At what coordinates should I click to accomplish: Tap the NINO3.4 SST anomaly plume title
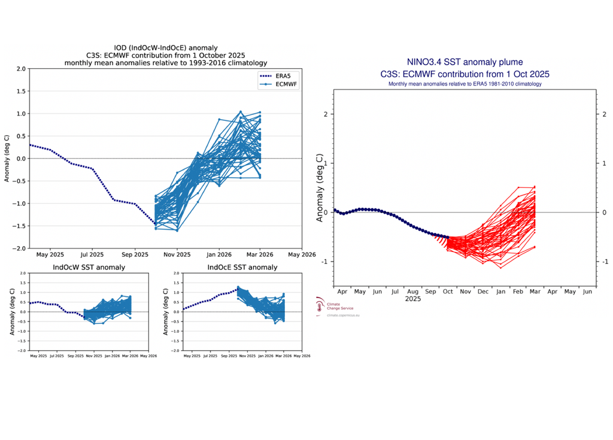tap(465, 62)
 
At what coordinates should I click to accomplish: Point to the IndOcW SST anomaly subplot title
tap(89, 267)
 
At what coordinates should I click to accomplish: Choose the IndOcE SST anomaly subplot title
tap(242, 267)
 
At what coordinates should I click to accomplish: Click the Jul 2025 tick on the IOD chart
tap(92, 254)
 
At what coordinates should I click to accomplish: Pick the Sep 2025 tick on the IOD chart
tap(134, 254)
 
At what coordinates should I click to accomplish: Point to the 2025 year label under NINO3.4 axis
tap(412, 298)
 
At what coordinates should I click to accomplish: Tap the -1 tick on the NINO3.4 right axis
tap(605, 262)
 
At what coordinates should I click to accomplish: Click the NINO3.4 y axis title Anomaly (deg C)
tap(320, 188)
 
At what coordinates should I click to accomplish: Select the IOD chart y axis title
tap(7, 158)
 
